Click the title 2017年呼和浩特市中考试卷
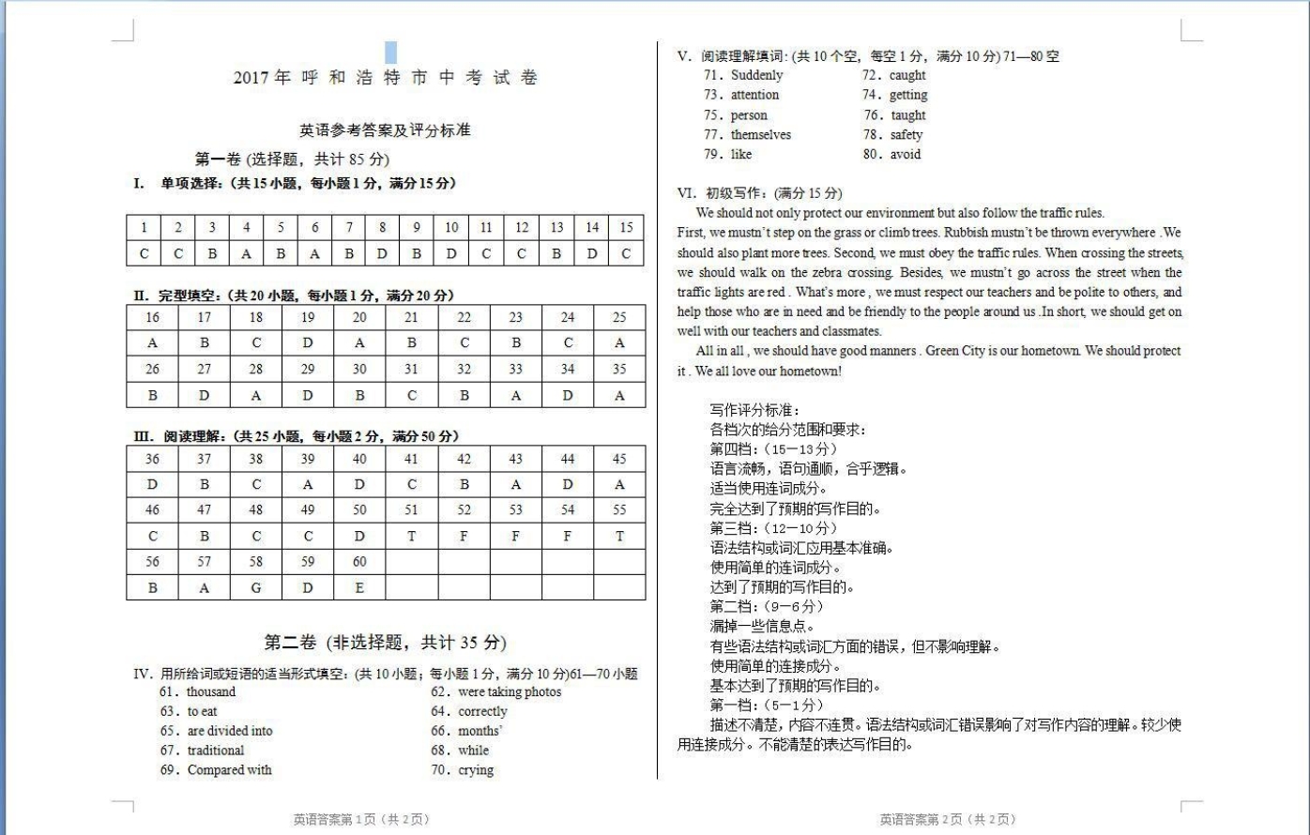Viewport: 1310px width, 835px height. [386, 78]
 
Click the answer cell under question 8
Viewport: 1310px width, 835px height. [382, 253]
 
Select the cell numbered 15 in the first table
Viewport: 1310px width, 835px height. [626, 227]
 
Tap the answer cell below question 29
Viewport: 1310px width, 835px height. [308, 396]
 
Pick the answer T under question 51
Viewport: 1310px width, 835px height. [411, 537]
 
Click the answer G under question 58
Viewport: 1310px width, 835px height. [256, 588]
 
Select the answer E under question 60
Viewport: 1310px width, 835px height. [359, 588]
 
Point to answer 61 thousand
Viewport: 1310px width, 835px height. [198, 692]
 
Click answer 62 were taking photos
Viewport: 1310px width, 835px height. [496, 692]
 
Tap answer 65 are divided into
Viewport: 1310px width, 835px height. [217, 731]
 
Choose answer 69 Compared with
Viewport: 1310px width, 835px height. [216, 770]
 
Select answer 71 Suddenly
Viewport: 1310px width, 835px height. [743, 75]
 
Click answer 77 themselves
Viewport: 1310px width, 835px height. [748, 135]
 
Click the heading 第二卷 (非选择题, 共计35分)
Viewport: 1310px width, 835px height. [385, 643]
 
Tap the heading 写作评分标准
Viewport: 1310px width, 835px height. [754, 410]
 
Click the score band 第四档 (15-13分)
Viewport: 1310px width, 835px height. [773, 449]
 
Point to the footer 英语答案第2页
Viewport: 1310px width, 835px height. [947, 819]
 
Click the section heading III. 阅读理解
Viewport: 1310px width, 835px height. [297, 436]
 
